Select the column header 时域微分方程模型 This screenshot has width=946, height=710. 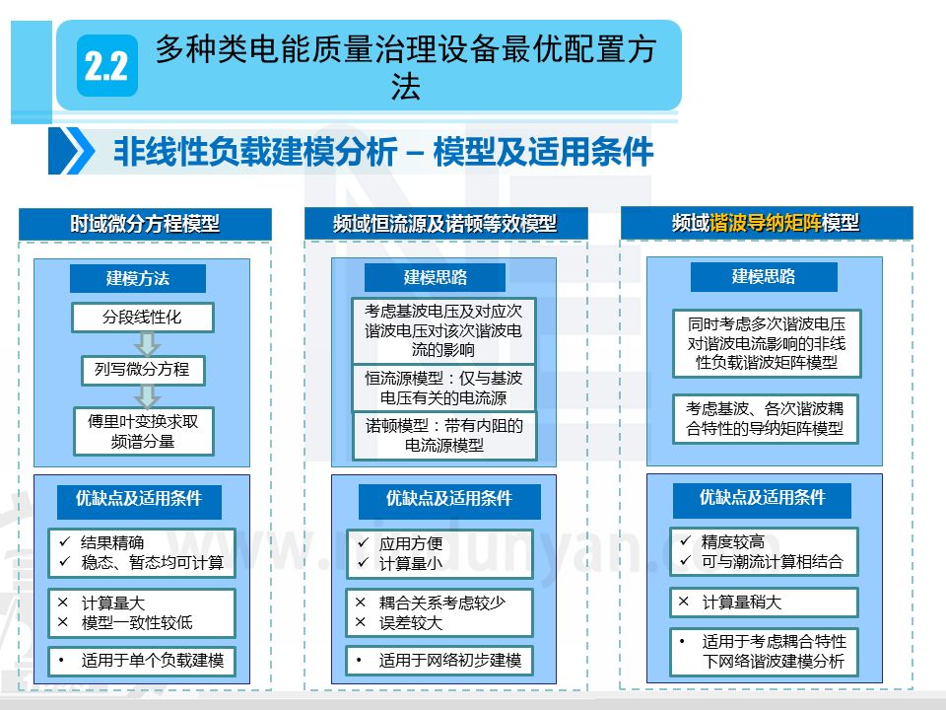coord(144,224)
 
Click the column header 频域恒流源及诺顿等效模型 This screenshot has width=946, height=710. coord(444,224)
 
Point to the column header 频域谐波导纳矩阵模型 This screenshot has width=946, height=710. coord(766,223)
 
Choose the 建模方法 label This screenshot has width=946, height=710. coord(138,278)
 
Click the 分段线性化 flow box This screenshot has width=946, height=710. coord(143,318)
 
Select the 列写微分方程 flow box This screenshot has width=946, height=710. coord(143,370)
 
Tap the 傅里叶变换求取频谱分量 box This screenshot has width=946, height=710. coord(143,432)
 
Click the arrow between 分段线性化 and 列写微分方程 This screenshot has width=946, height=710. coord(147,343)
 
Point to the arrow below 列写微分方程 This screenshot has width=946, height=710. coord(147,395)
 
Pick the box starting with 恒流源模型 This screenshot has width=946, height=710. coord(443,389)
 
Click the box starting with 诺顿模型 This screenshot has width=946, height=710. coord(443,436)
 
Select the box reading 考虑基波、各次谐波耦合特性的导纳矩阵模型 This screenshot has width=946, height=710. coord(765,418)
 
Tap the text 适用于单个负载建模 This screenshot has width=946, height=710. coord(153,660)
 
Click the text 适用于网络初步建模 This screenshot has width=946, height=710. coord(450,660)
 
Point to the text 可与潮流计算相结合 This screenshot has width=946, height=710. coord(773,562)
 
